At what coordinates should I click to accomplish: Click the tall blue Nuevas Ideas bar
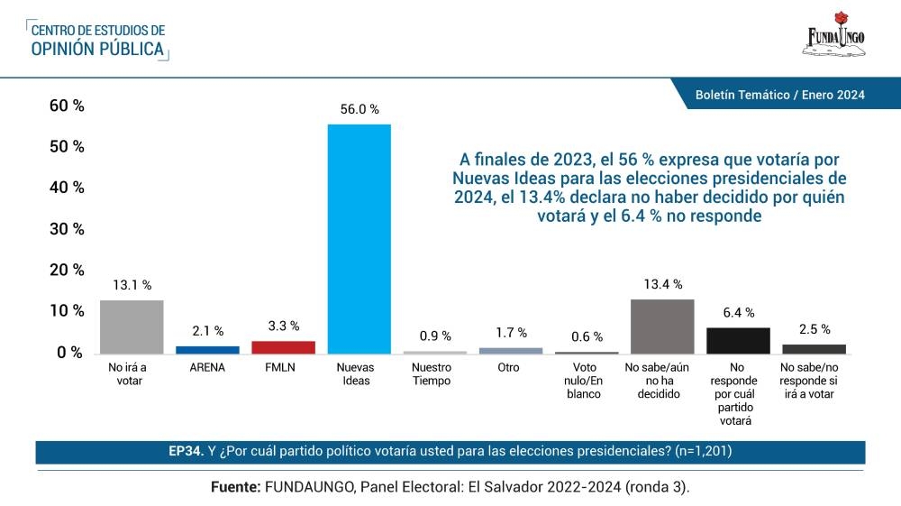click(359, 238)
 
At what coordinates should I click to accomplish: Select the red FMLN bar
click(283, 347)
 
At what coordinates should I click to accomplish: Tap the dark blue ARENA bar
click(207, 349)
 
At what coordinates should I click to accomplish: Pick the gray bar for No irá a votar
click(132, 327)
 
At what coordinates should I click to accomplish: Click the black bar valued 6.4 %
click(738, 340)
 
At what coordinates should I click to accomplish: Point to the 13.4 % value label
click(662, 285)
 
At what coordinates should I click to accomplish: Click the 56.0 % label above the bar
click(359, 109)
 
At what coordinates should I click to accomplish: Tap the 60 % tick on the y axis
click(67, 106)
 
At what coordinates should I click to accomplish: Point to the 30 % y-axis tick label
click(67, 229)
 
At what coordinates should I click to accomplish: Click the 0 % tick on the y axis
click(70, 352)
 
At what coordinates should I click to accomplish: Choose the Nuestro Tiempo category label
click(434, 374)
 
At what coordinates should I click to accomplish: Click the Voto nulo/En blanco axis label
click(587, 381)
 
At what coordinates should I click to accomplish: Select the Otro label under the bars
click(511, 368)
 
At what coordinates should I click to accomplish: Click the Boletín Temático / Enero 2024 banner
click(779, 95)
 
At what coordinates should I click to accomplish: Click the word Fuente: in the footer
click(235, 486)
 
